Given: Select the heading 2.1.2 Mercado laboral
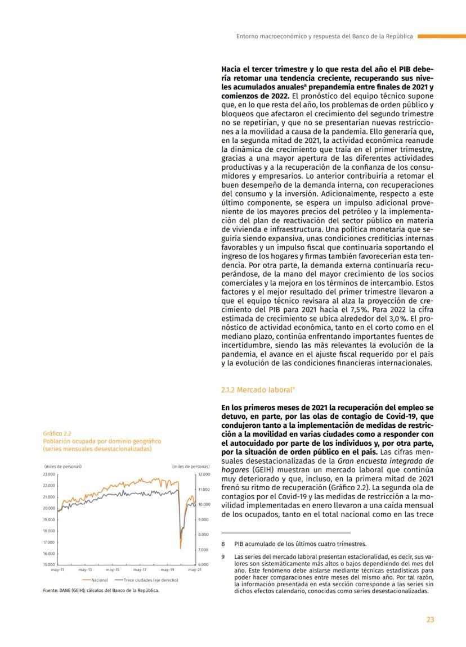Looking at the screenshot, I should click(253, 388).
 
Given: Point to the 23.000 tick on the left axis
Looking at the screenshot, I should click(48, 474).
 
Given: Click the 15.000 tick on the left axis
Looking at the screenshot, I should click(48, 564).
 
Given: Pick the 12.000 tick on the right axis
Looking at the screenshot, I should click(204, 474).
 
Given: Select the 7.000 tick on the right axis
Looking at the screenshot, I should click(204, 549).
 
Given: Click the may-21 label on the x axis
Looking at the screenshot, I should click(194, 570).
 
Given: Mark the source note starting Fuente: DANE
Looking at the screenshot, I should click(101, 591).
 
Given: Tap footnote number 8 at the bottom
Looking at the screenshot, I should click(223, 544).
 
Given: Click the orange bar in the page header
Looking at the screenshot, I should click(441, 36).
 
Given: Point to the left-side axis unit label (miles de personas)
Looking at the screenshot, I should click(62, 467).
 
